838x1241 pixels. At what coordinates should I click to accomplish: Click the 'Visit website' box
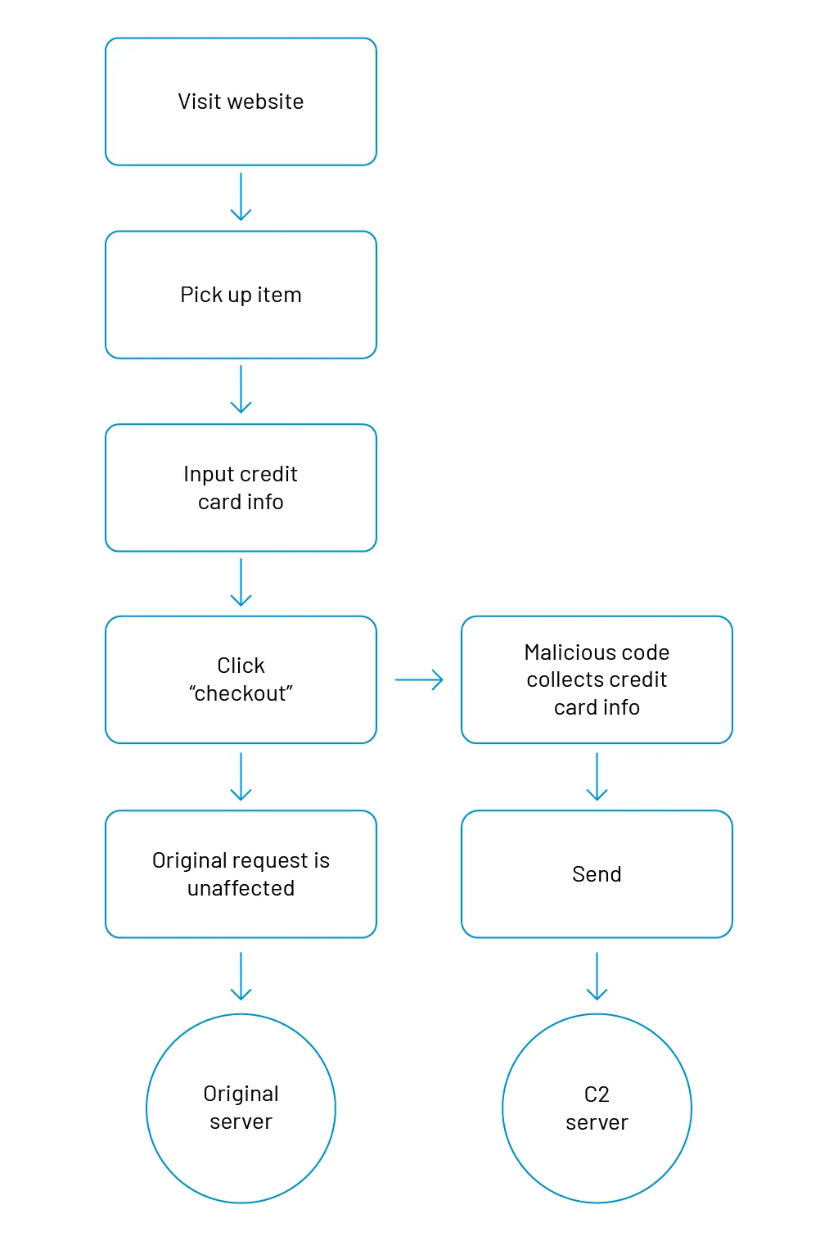(241, 102)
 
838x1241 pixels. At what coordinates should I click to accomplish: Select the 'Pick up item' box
(241, 295)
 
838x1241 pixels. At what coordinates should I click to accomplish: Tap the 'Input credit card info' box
(241, 488)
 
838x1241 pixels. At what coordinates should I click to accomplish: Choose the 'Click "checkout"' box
(241, 679)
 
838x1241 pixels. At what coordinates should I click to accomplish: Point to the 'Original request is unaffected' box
(241, 873)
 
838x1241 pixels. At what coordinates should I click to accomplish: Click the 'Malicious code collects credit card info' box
(597, 679)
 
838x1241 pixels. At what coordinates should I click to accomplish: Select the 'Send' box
(597, 873)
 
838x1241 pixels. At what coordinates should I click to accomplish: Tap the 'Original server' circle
(241, 1108)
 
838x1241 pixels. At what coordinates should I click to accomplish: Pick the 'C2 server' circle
(597, 1108)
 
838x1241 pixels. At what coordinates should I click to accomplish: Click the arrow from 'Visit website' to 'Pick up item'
(241, 197)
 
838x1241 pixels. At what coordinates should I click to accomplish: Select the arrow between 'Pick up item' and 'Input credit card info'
(241, 390)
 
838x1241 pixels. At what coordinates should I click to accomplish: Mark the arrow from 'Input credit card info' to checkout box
(241, 582)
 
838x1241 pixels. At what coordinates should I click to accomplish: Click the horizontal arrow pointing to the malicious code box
(419, 679)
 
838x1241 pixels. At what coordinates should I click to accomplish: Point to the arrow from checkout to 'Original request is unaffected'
(241, 776)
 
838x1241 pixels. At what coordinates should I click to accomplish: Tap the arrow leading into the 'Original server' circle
(241, 976)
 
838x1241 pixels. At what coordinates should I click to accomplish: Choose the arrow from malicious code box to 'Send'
(597, 776)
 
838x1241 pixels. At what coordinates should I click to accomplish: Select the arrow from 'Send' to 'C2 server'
(597, 976)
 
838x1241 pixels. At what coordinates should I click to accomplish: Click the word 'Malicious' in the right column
(561, 652)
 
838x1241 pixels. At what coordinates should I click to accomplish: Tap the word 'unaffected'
(241, 888)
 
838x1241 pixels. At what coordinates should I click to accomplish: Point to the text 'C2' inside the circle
(597, 1094)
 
